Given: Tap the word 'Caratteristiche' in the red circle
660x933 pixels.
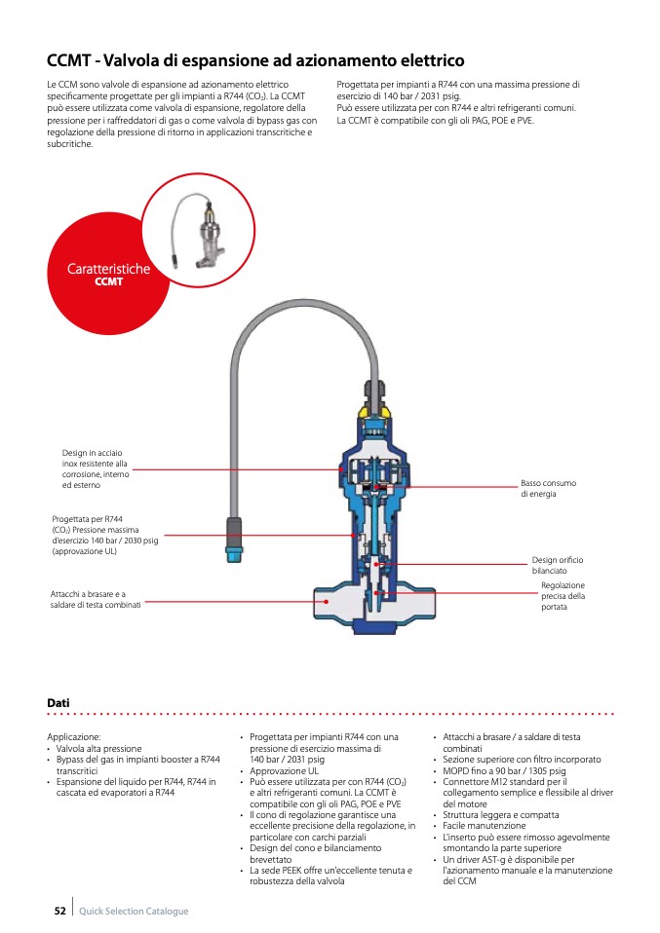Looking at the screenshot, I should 108,269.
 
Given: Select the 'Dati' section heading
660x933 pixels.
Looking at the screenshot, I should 58,702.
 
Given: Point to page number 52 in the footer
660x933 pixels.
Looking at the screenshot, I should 59,911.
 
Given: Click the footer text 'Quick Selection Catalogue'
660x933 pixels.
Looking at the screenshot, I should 134,912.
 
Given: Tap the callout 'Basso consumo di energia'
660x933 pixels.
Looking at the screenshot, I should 548,489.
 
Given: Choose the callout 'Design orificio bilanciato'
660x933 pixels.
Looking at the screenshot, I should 557,565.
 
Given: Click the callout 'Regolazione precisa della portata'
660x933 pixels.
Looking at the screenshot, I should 563,596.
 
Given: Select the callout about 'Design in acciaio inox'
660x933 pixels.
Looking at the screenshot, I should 95,468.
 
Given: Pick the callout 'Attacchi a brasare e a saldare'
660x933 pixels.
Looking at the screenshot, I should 96,599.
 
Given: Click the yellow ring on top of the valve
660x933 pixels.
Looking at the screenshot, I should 375,411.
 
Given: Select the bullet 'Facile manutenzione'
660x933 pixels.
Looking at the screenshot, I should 485,826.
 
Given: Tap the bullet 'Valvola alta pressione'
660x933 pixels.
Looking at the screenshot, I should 98,749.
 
